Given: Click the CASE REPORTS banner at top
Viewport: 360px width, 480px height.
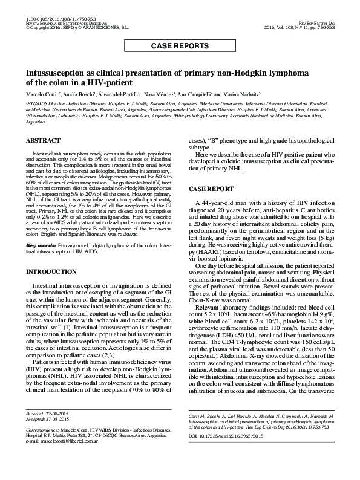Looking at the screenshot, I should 180,45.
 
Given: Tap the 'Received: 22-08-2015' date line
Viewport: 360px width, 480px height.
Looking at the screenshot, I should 48,429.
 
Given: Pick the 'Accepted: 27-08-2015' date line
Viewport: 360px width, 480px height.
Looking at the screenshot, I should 48,434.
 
